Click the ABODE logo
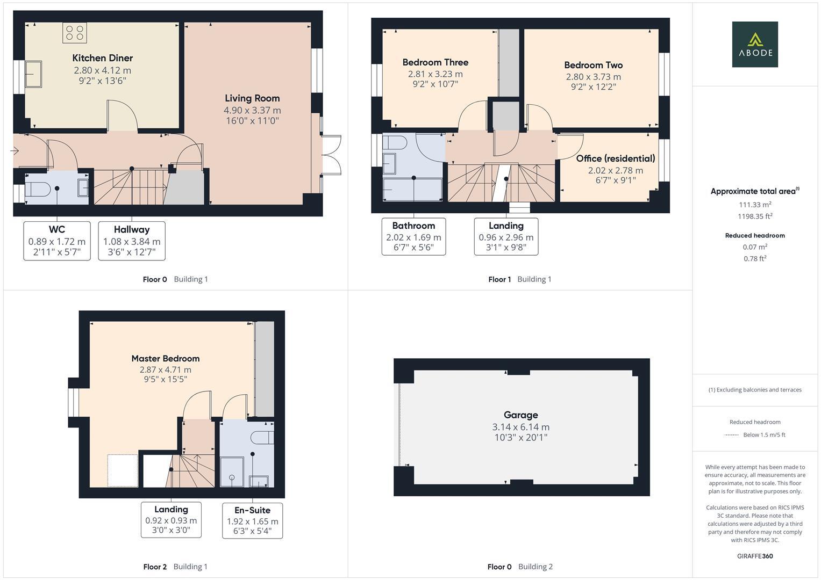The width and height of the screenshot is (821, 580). click(755, 44)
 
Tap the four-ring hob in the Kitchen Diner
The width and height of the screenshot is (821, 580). click(74, 33)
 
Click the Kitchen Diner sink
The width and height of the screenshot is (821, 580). click(33, 74)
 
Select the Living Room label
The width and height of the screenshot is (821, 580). click(252, 98)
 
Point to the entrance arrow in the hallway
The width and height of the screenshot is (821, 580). click(15, 150)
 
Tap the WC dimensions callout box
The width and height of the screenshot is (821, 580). click(57, 241)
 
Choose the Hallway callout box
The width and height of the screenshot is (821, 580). click(132, 241)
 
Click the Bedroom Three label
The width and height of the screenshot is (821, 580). click(435, 62)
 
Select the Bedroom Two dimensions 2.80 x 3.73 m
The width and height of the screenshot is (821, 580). click(594, 77)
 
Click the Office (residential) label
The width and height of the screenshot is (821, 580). click(616, 158)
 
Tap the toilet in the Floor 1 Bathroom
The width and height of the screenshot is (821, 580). click(395, 142)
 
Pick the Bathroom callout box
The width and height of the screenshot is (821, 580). click(414, 236)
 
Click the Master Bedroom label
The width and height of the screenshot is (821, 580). click(165, 359)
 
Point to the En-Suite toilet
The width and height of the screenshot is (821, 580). click(263, 438)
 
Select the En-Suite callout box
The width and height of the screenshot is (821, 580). click(253, 521)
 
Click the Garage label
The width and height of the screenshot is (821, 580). click(521, 415)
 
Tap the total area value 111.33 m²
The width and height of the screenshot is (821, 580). click(755, 205)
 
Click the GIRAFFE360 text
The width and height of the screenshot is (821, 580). click(755, 556)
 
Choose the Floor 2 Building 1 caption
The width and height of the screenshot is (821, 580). click(175, 567)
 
